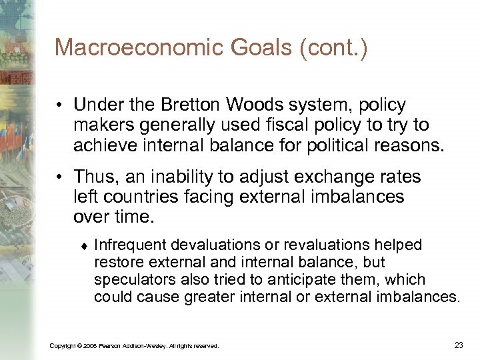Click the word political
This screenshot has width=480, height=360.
coord(332,144)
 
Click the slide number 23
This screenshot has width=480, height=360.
coord(458,345)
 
